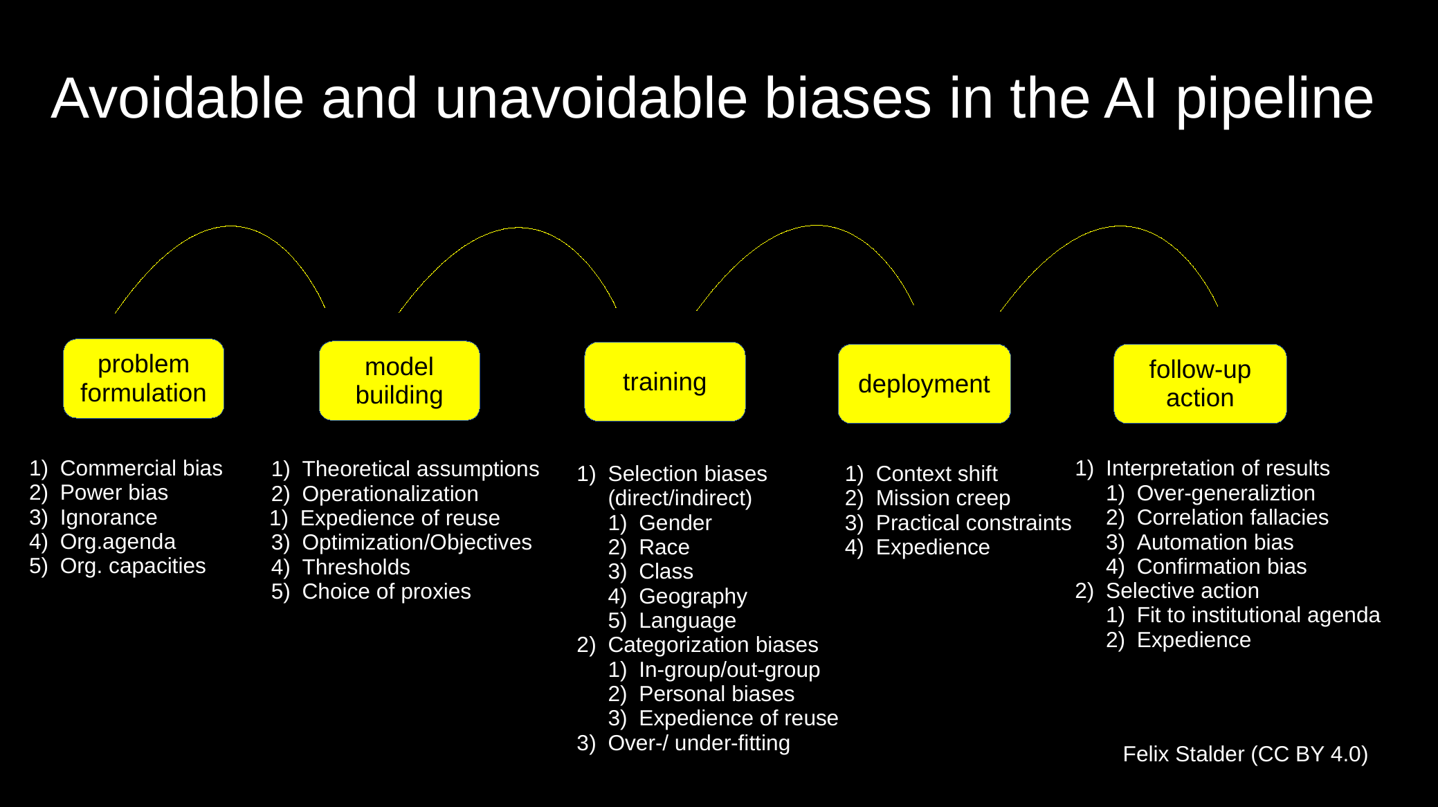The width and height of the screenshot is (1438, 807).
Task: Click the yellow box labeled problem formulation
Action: click(x=143, y=379)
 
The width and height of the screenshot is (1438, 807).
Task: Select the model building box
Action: click(x=399, y=381)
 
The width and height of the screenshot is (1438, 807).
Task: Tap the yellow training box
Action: click(x=664, y=381)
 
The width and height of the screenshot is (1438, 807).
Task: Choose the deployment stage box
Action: click(x=924, y=383)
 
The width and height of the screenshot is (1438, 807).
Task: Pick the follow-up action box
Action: click(x=1200, y=383)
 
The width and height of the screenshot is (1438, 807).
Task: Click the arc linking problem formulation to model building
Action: click(x=230, y=226)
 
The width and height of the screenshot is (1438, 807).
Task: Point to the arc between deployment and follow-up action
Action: click(x=1120, y=226)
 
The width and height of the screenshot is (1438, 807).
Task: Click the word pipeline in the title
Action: click(x=1274, y=98)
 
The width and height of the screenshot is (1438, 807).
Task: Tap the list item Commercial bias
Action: click(x=141, y=469)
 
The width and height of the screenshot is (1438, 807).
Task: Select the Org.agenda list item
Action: click(x=118, y=541)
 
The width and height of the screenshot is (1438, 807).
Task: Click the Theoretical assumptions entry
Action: click(x=420, y=469)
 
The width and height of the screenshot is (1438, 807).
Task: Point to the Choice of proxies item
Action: click(x=386, y=592)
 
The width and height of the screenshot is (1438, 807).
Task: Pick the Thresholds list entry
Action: click(x=356, y=568)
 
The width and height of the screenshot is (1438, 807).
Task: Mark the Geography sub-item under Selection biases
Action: click(x=693, y=596)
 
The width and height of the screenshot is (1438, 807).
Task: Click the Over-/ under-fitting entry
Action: click(x=698, y=743)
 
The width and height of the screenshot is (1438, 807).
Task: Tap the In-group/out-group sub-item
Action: click(x=729, y=669)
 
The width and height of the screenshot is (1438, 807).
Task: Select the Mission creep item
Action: click(x=943, y=498)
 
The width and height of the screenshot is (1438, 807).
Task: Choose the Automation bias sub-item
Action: click(x=1214, y=542)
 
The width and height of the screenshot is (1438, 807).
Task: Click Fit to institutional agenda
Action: click(x=1257, y=615)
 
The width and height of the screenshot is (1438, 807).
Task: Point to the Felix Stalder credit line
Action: click(x=1245, y=754)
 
